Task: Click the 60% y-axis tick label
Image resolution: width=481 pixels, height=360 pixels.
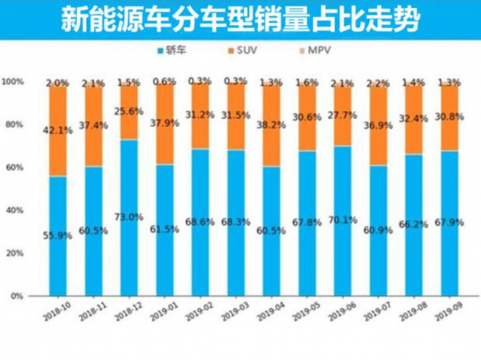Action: coord(16,167)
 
